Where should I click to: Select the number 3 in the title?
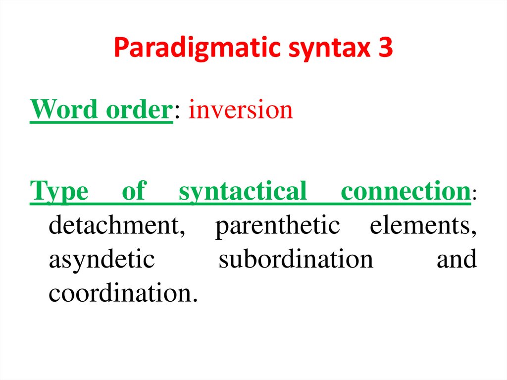383,48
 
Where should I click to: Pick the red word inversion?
241,109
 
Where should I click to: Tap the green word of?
134,191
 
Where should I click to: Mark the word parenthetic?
277,225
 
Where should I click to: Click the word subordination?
296,259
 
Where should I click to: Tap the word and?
456,259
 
